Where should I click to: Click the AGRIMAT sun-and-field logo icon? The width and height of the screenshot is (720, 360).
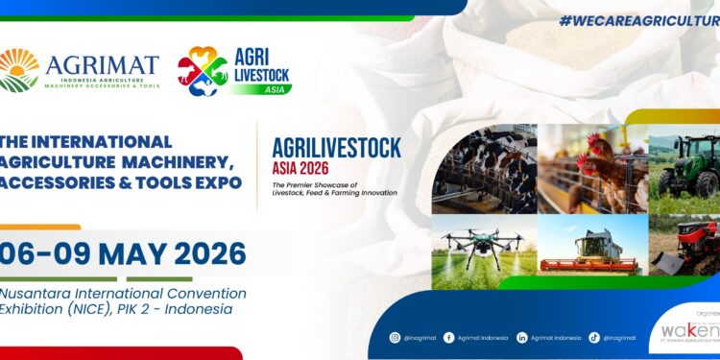pos(19,70)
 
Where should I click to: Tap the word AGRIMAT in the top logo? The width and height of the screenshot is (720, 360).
pos(102,65)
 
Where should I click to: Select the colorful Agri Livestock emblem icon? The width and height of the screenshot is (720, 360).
pos(203,71)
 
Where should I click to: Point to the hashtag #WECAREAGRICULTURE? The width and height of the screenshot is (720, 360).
pos(639,20)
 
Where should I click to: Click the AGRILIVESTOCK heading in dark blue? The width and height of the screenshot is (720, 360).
pos(336,147)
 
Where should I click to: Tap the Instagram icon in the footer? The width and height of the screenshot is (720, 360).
pos(395,337)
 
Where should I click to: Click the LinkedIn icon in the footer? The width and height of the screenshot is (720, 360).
pos(522,337)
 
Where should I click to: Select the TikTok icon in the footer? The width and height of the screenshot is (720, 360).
pos(594,337)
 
